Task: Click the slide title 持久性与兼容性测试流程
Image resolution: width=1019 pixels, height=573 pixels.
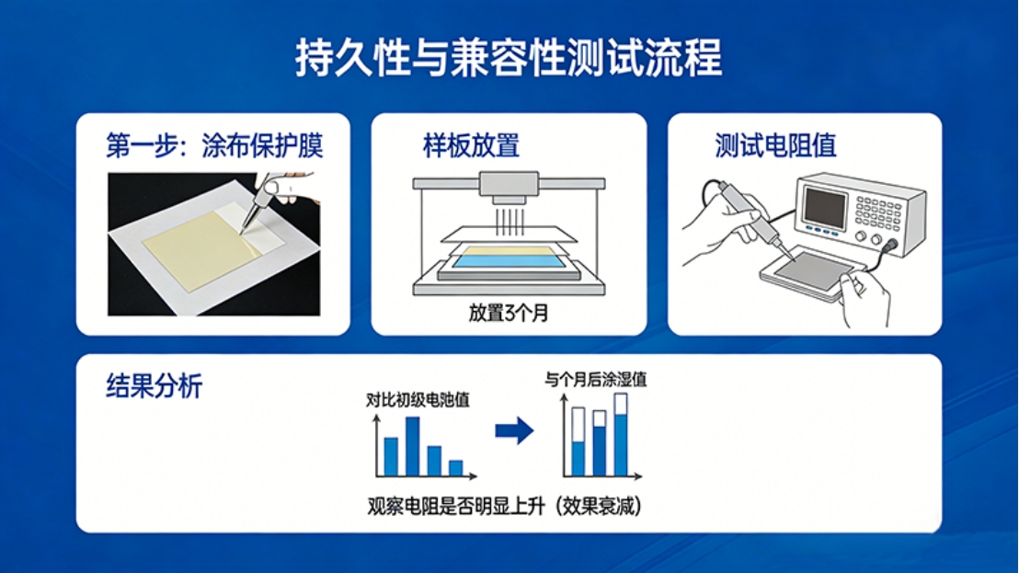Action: point(509,58)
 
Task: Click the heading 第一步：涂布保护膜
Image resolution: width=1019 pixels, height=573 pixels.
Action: point(214,145)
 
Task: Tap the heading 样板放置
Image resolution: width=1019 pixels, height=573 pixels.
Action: point(471,145)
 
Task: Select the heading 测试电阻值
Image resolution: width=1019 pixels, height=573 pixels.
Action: point(775,145)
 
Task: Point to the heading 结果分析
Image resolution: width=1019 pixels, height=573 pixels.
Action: point(154,386)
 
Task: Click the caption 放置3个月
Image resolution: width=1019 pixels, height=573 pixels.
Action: point(509,313)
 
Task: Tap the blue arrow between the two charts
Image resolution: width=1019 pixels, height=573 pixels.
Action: point(515,430)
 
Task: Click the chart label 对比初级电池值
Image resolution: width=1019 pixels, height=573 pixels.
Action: point(418,399)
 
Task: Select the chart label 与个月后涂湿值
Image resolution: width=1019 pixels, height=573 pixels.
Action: point(596,380)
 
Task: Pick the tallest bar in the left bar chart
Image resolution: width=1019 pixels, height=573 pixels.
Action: point(413,446)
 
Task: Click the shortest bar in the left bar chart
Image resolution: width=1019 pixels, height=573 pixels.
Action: point(455,468)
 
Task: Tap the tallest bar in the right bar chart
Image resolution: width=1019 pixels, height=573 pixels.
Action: point(621,435)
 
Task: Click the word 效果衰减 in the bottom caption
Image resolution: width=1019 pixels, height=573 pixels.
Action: point(600,506)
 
